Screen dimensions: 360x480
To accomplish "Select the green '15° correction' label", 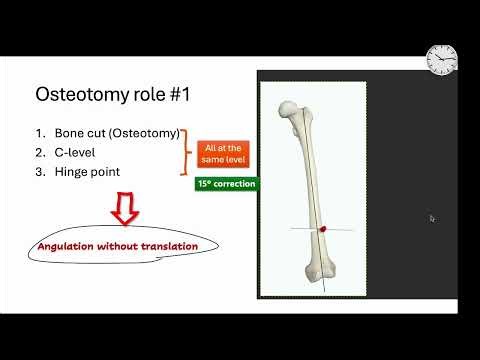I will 226,184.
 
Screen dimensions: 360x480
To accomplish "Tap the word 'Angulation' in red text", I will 71,246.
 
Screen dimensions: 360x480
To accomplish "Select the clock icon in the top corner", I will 441,60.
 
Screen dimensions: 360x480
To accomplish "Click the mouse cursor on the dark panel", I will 431,218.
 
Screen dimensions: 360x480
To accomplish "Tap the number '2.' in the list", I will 41,152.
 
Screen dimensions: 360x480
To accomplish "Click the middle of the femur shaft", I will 311,180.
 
